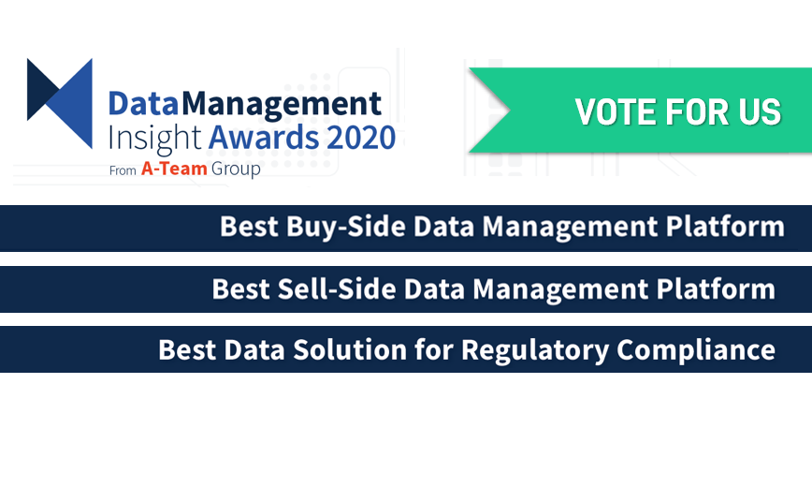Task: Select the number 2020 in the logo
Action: (361, 138)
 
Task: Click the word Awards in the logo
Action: (264, 138)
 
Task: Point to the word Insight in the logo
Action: (154, 139)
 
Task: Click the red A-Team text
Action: (174, 169)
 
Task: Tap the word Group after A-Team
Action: (236, 170)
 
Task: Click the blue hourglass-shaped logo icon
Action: (60, 103)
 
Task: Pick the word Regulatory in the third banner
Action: (535, 350)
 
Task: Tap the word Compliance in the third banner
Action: (696, 350)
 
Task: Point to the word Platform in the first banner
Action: (725, 227)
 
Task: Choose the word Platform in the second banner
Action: (717, 288)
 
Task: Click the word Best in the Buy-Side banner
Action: (249, 227)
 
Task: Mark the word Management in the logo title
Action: (282, 104)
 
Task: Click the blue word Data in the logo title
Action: (143, 103)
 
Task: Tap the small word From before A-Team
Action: (123, 170)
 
